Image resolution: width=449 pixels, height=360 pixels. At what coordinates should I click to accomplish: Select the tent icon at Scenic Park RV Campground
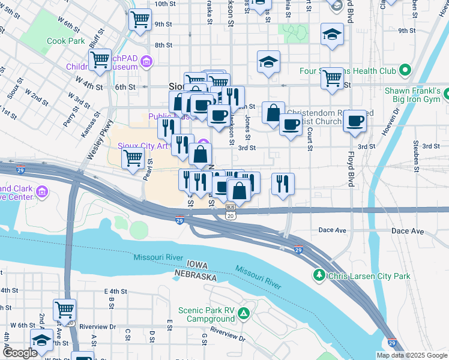tap(244, 313)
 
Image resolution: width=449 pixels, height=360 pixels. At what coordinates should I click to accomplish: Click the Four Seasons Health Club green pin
tap(404, 71)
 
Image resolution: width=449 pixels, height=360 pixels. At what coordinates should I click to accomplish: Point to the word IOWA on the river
tap(198, 265)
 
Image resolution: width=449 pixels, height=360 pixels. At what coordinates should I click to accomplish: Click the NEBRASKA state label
tap(195, 275)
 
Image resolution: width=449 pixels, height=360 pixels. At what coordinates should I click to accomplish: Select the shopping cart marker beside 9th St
tap(140, 19)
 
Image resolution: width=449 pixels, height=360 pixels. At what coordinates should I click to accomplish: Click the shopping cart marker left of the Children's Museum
tap(100, 59)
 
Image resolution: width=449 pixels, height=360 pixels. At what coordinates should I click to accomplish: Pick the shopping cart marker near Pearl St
tap(133, 158)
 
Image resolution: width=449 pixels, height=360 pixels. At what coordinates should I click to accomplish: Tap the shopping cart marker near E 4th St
tap(64, 310)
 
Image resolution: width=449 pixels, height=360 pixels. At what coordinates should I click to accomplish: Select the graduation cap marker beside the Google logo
tap(42, 341)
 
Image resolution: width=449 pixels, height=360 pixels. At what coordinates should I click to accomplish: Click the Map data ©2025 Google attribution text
tap(412, 355)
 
